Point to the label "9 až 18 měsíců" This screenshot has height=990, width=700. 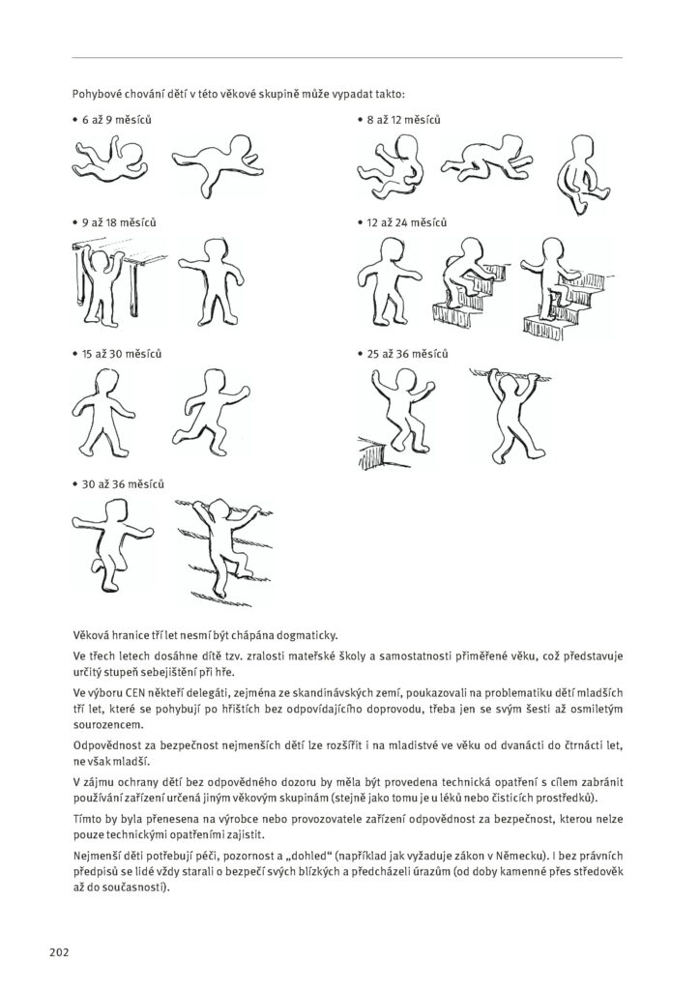[x=119, y=222]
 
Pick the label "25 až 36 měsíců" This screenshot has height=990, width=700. [x=407, y=355]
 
